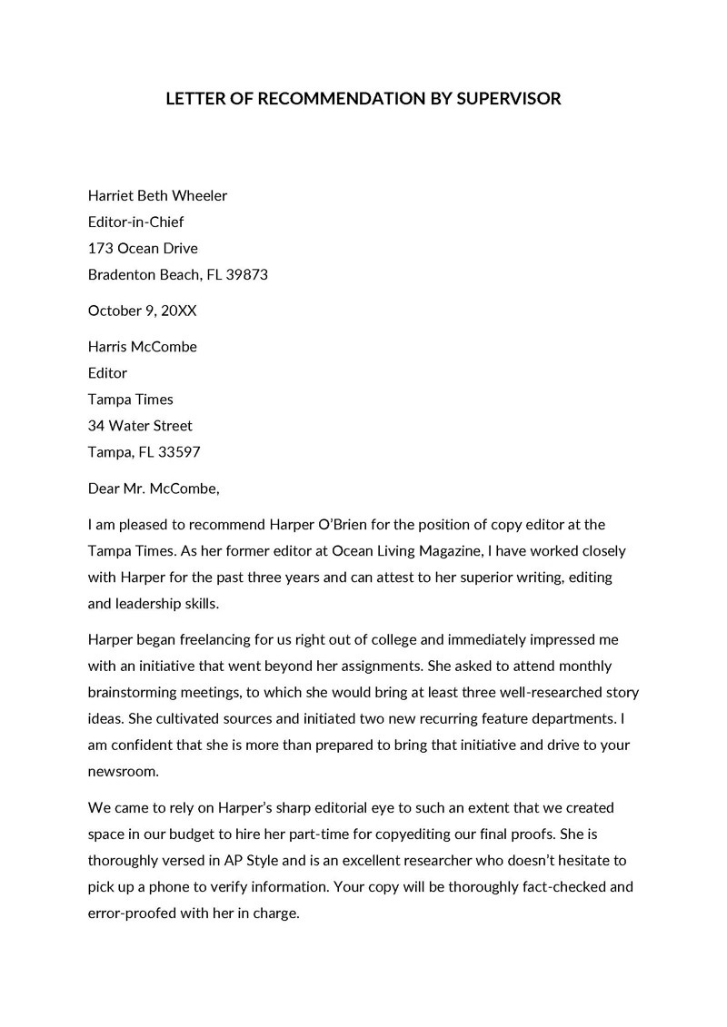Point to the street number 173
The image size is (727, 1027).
(x=99, y=248)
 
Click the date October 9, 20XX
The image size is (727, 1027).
(x=142, y=311)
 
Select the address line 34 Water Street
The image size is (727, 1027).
(x=140, y=425)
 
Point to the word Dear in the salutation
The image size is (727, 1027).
(x=105, y=488)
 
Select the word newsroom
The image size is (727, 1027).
(x=123, y=771)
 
